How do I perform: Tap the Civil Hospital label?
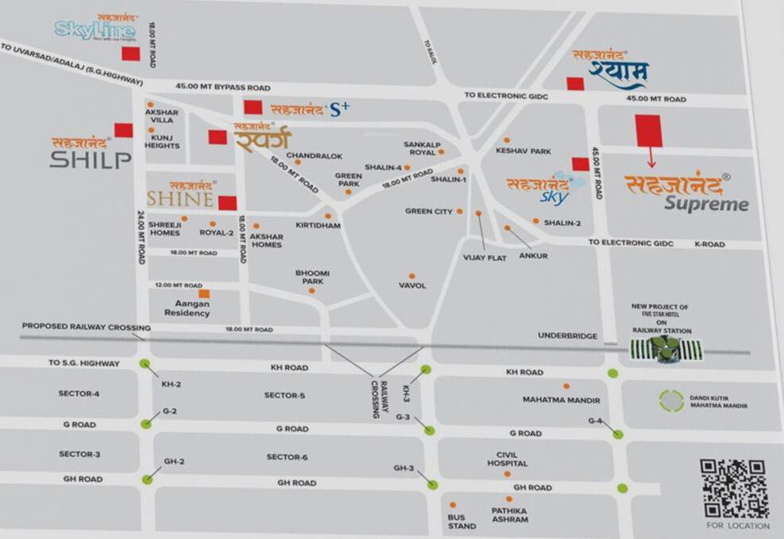point(507,459)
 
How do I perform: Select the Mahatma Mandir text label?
point(561,400)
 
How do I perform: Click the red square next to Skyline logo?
point(129,53)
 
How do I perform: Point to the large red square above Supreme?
point(648,130)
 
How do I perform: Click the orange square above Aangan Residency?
point(204,294)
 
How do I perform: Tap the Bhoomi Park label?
point(312,277)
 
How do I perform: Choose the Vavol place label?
point(412,286)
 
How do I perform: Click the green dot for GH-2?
point(147,479)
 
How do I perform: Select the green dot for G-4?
point(618,434)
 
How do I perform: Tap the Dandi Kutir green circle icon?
point(671,401)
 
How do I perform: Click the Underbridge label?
point(567,336)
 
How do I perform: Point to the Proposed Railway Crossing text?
point(86,326)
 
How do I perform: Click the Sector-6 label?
point(287,456)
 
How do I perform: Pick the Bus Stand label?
point(462,521)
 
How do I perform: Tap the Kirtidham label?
point(318,226)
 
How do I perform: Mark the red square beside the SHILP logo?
point(123,130)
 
